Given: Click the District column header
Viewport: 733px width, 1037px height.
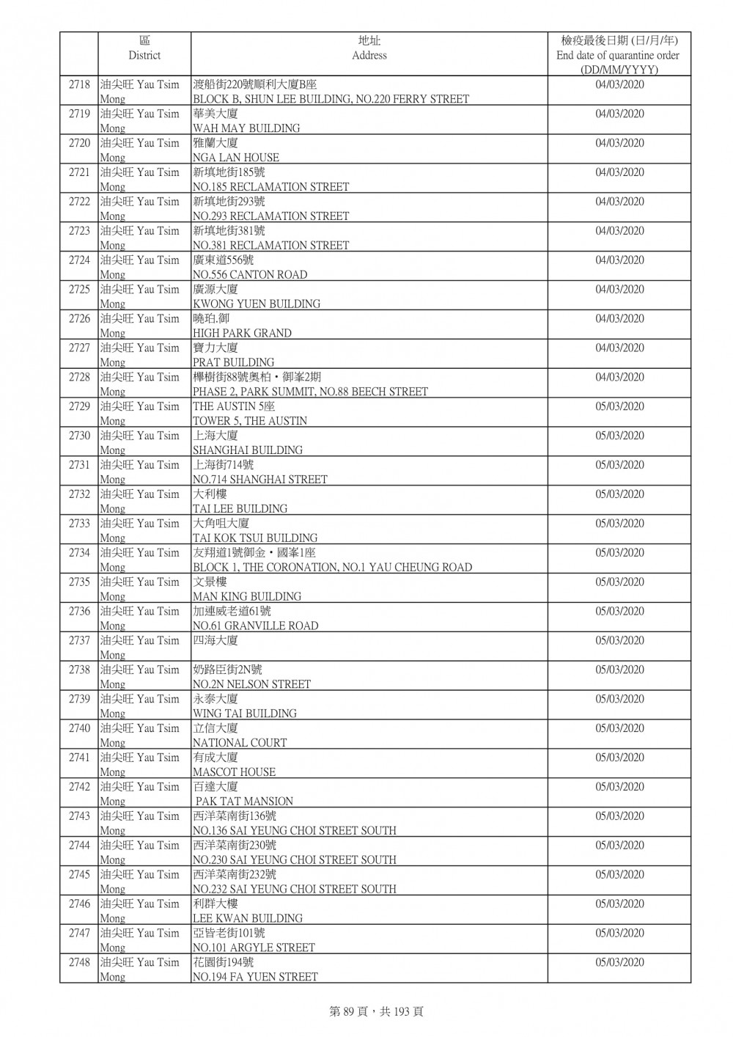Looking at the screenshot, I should click(x=144, y=48).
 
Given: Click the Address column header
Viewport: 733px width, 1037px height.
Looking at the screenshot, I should click(x=369, y=48).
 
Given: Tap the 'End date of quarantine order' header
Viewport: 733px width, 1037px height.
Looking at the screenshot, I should click(x=618, y=55).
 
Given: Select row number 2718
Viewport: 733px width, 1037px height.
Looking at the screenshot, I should click(x=79, y=85).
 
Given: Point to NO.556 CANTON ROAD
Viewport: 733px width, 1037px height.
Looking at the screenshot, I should click(x=250, y=275).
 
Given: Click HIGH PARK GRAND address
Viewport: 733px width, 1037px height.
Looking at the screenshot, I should click(x=242, y=333).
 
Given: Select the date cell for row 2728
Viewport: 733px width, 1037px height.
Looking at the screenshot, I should click(x=619, y=378).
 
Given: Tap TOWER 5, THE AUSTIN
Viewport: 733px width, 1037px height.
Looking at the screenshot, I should click(x=250, y=421).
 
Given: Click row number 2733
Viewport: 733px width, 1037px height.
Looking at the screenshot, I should click(x=79, y=524).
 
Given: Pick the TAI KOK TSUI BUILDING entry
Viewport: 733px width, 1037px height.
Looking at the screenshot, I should click(x=255, y=538).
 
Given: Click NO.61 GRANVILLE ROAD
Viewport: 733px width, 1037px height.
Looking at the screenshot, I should click(x=255, y=626).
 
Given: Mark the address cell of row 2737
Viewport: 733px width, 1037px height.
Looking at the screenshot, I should click(x=369, y=647).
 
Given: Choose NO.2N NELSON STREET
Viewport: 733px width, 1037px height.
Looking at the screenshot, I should click(x=251, y=684).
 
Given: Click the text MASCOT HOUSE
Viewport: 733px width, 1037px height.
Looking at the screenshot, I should click(x=234, y=772).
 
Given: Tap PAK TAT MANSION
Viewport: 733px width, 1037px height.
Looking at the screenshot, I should click(x=244, y=802).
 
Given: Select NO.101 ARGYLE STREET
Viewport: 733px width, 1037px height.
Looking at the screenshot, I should click(x=254, y=948).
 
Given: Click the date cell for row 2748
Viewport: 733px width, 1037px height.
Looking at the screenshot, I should click(x=619, y=962).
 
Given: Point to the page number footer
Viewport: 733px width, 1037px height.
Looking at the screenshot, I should click(x=376, y=1011).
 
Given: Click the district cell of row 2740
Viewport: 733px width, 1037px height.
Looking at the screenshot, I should click(x=144, y=735).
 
